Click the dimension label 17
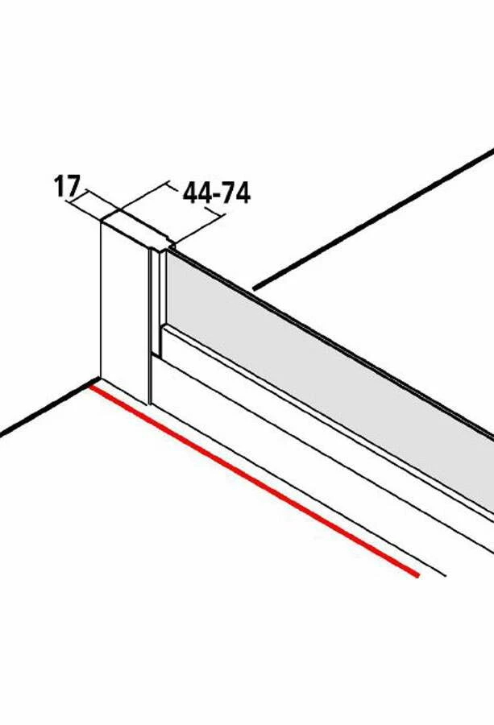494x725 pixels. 67,186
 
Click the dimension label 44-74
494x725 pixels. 217,193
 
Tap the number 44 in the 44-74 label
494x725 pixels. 195,193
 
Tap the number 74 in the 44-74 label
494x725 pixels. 235,193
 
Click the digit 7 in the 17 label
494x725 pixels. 73,186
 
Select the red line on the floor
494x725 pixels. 255,482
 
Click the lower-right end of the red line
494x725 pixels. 418,576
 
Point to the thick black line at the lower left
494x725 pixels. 46,408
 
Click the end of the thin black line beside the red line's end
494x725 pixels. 446,576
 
